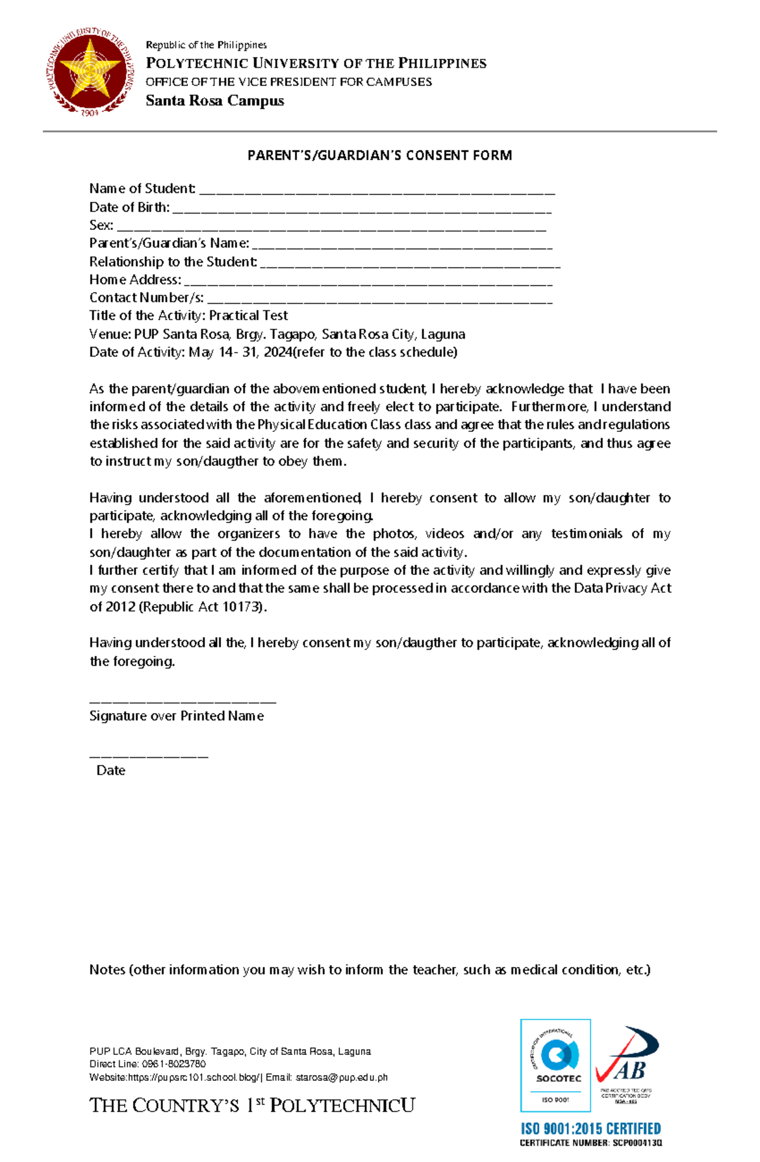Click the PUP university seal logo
click(90, 73)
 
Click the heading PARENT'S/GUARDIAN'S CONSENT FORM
click(379, 155)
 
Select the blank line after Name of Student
click(377, 192)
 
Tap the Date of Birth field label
click(129, 207)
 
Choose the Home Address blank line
click(367, 283)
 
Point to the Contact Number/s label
click(146, 298)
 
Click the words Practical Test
click(248, 315)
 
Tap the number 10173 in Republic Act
click(241, 607)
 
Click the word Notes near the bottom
click(107, 969)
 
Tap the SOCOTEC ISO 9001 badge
click(555, 1066)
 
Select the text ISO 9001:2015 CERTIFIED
click(590, 1128)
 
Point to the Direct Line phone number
click(174, 1064)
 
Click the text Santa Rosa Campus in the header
click(215, 101)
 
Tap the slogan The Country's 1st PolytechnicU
click(252, 1106)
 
